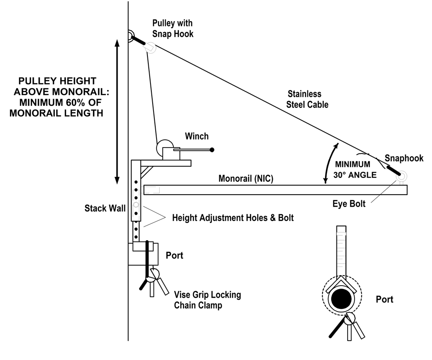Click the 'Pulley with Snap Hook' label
pos(173,29)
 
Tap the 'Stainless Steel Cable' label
pos(307,99)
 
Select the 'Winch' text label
pos(197,136)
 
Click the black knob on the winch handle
pos(212,150)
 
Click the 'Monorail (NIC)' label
pos(246,179)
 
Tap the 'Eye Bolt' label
pos(349,204)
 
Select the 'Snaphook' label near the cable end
pos(404,158)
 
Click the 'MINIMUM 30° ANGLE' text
pos(355,170)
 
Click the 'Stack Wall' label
pos(105,208)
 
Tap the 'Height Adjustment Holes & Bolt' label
pos(233,218)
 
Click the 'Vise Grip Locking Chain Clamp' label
pos(208,300)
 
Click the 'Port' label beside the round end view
pos(384,299)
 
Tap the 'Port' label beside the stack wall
pos(174,256)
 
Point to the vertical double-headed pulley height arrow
pos(117,112)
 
